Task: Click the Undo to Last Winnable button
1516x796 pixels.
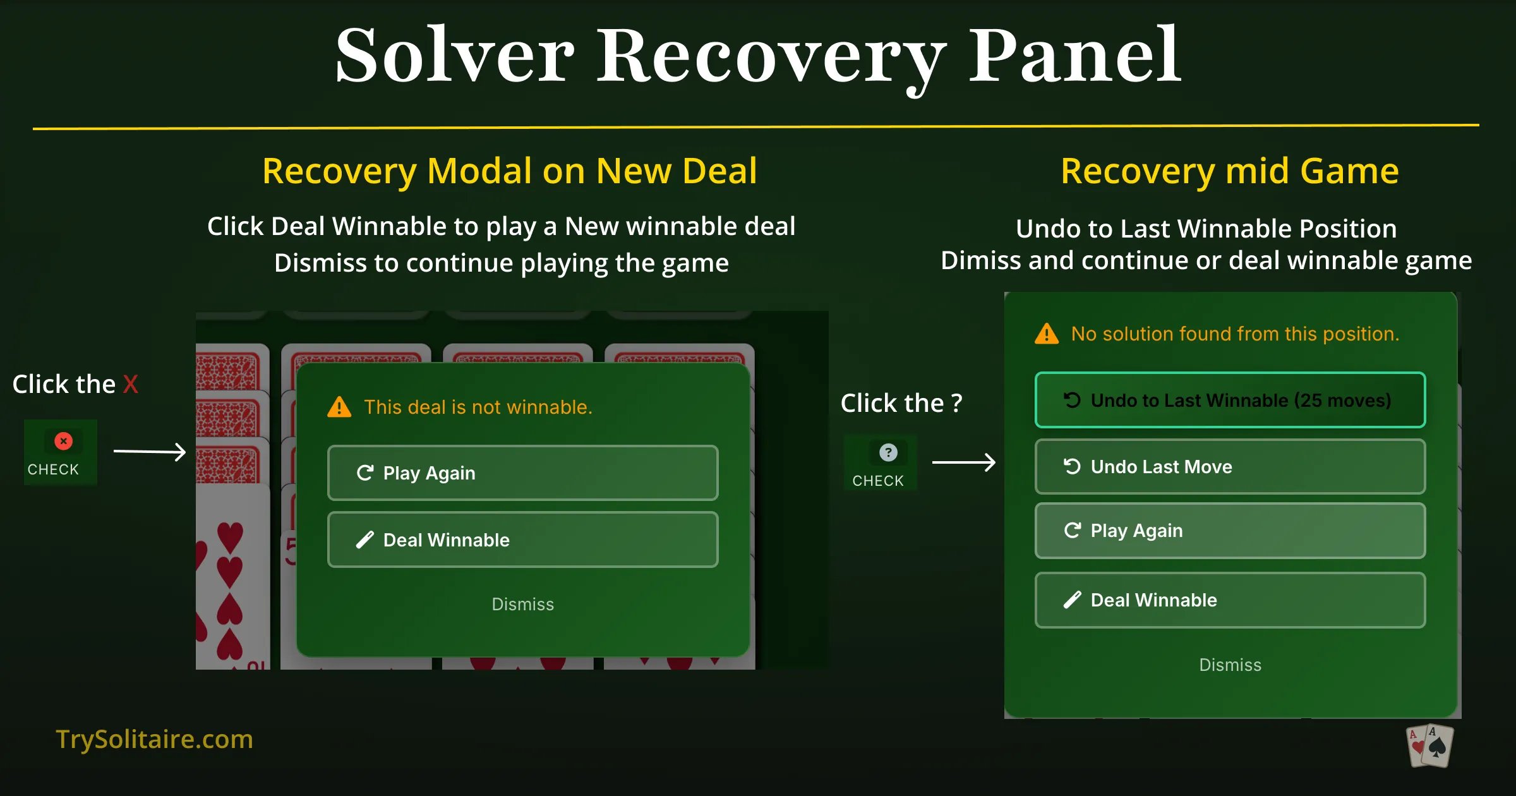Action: pyautogui.click(x=1229, y=400)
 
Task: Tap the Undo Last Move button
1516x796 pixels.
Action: pyautogui.click(x=1229, y=466)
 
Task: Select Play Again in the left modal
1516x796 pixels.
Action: pyautogui.click(x=522, y=473)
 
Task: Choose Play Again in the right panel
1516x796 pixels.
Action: pyautogui.click(x=1229, y=531)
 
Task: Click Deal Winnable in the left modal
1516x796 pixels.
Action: pyautogui.click(x=522, y=540)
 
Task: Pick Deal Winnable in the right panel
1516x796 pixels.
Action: pyautogui.click(x=1229, y=600)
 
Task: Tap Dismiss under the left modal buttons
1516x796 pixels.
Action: pyautogui.click(x=522, y=604)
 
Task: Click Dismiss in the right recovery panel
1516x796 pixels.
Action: pyautogui.click(x=1229, y=665)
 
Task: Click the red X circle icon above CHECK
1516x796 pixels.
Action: pyautogui.click(x=63, y=441)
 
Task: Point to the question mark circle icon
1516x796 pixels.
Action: pyautogui.click(x=888, y=452)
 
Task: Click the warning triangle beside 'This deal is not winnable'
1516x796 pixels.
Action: pyautogui.click(x=339, y=407)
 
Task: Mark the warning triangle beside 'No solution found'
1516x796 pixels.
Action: pyautogui.click(x=1046, y=334)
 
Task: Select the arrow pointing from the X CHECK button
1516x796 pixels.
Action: pyautogui.click(x=150, y=452)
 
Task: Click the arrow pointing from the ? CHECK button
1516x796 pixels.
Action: pyautogui.click(x=964, y=462)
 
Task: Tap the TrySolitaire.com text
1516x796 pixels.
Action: pyautogui.click(x=154, y=739)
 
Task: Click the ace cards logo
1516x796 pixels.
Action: pyautogui.click(x=1430, y=746)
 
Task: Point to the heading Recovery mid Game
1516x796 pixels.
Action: pyautogui.click(x=1229, y=171)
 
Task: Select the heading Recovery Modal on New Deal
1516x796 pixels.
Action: pyautogui.click(x=509, y=171)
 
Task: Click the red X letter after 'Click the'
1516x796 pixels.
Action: pyautogui.click(x=131, y=384)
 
